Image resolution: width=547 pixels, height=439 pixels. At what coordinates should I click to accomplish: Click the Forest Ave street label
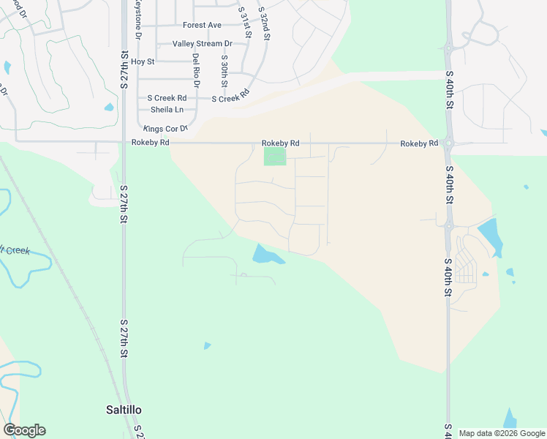pyautogui.click(x=202, y=25)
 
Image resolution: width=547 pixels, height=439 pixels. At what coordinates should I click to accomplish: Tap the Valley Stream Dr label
pyautogui.click(x=202, y=44)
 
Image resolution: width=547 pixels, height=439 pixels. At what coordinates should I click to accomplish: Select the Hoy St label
pyautogui.click(x=143, y=61)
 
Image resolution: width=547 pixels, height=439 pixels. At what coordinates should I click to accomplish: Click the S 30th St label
pyautogui.click(x=224, y=70)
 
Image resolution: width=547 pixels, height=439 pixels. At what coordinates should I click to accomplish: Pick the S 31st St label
pyautogui.click(x=245, y=23)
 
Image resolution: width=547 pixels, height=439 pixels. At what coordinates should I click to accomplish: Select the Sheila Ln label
pyautogui.click(x=167, y=110)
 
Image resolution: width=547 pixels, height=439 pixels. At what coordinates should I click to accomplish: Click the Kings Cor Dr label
pyautogui.click(x=165, y=129)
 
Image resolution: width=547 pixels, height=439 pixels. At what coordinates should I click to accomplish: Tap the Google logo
pyautogui.click(x=24, y=430)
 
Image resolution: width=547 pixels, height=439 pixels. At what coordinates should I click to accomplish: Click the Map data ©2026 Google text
pyautogui.click(x=502, y=433)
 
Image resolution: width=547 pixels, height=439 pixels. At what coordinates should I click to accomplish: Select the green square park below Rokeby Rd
pyautogui.click(x=275, y=157)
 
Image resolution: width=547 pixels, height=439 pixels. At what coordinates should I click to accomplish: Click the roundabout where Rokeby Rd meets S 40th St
pyautogui.click(x=448, y=143)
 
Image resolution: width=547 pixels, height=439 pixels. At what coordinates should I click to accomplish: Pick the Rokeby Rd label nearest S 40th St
pyautogui.click(x=418, y=143)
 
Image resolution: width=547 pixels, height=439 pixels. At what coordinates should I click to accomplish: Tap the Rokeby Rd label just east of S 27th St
pyautogui.click(x=150, y=143)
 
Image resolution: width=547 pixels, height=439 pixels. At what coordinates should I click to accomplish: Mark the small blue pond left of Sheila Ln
pyautogui.click(x=109, y=107)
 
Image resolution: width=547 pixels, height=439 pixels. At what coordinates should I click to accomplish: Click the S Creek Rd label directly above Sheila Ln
pyautogui.click(x=167, y=98)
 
